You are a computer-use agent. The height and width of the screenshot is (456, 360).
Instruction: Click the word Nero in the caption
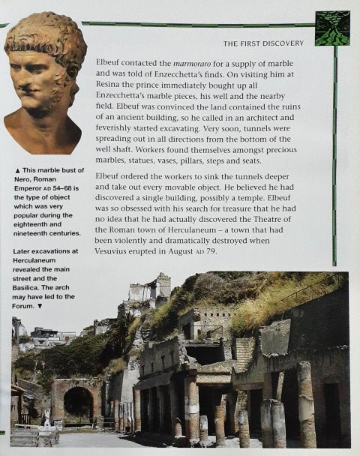pyautogui.click(x=25, y=178)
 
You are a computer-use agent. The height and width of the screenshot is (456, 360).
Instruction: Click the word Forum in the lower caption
pyautogui.click(x=27, y=306)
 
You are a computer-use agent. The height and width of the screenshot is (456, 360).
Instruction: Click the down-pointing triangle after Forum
pyautogui.click(x=41, y=306)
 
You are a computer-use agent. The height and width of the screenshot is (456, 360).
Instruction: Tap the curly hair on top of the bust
pyautogui.click(x=49, y=30)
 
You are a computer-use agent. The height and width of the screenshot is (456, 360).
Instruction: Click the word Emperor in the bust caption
pyautogui.click(x=30, y=188)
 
